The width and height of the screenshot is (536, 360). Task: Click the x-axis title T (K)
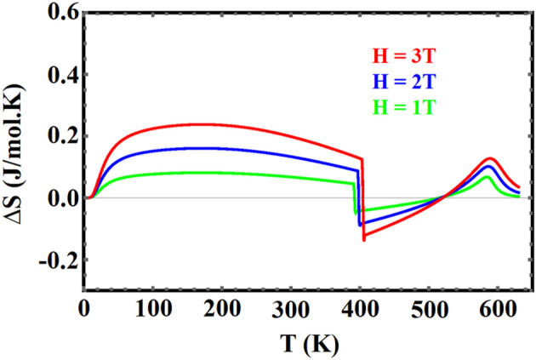(x=308, y=340)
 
